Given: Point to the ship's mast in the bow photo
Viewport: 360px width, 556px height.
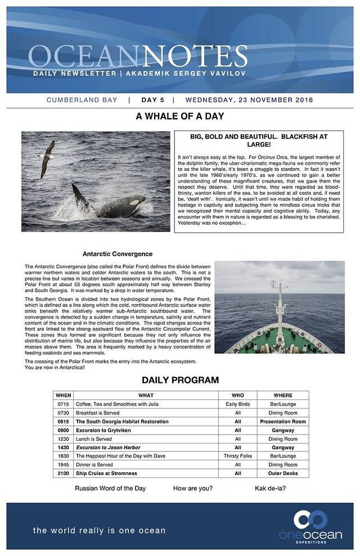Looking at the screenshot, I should click(x=278, y=304).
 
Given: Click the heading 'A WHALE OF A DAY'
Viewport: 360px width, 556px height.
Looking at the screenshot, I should click(x=180, y=116).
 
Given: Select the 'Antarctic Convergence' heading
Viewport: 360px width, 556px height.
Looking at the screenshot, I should click(x=118, y=254).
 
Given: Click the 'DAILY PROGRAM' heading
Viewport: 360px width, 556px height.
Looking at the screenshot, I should click(x=180, y=380).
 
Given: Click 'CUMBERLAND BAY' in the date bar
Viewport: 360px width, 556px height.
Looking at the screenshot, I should click(x=82, y=100).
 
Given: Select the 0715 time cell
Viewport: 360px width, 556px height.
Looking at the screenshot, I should click(x=64, y=404).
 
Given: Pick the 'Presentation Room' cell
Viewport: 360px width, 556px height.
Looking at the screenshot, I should click(x=283, y=422).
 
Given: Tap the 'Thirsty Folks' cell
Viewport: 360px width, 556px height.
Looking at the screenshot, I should click(x=238, y=456).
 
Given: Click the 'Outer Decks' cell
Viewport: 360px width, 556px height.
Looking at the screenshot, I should click(x=283, y=473).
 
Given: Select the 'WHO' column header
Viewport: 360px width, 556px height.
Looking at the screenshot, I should click(x=238, y=395).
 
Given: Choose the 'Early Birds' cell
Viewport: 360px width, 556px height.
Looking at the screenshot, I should click(x=238, y=404).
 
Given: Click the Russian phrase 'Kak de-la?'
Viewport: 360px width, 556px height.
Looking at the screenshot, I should click(x=270, y=488).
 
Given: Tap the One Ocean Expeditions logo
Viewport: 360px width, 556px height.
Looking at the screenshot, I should click(x=310, y=526).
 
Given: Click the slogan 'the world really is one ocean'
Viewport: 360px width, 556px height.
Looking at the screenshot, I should click(x=99, y=530).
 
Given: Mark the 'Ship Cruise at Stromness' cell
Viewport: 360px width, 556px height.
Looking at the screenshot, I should click(x=107, y=473).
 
